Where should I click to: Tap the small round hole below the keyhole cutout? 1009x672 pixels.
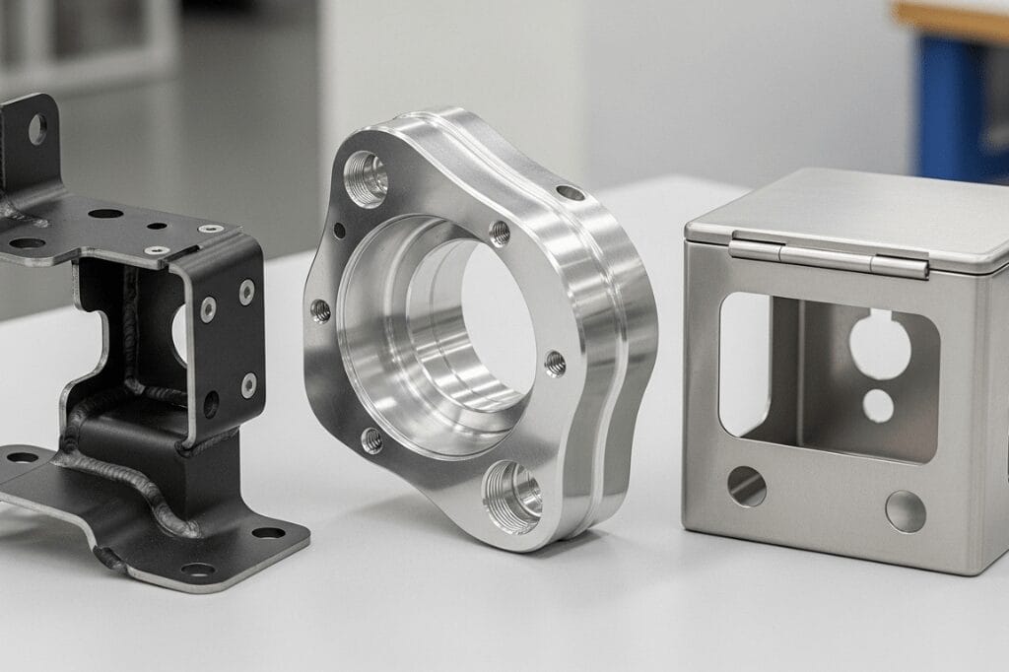pos(878,405)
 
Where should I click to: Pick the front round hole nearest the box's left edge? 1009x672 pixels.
pos(746,487)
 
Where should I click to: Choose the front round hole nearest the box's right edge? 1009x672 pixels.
pos(905,511)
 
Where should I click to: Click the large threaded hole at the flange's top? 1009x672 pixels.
pos(367,178)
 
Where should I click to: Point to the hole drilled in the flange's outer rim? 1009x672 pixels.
pos(570,193)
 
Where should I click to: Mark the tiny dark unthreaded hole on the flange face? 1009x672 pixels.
pos(340,231)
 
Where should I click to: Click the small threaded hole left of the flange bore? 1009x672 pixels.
pos(320,310)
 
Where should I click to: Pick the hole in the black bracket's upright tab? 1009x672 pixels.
pos(36,129)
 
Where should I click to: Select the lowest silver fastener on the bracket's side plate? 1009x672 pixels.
pos(248,384)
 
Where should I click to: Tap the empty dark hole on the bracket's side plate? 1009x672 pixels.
pos(211,404)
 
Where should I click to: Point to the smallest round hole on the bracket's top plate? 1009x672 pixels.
pos(157,226)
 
